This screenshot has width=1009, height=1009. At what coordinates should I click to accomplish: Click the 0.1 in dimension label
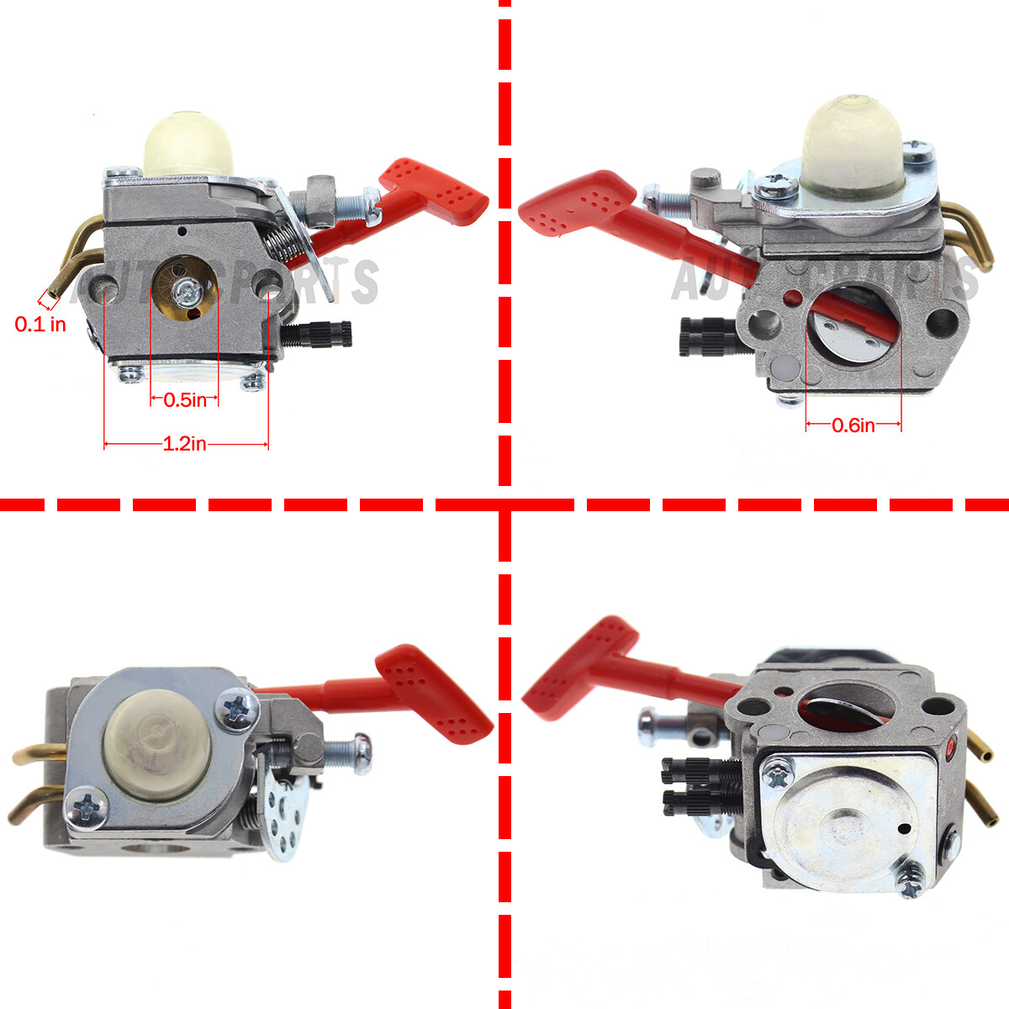[x=40, y=324]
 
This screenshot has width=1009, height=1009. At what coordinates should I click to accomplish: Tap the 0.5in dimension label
[x=185, y=400]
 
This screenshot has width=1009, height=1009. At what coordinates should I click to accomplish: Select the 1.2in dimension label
[x=185, y=444]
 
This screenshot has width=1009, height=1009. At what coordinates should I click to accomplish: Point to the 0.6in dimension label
[x=853, y=425]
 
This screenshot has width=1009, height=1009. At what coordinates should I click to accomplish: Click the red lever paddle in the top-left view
[x=435, y=191]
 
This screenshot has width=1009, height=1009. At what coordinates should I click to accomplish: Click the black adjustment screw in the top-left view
[x=324, y=335]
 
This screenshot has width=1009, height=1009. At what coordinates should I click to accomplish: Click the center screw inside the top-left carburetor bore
[x=186, y=291]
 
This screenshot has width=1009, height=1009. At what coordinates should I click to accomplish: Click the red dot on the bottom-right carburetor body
[x=951, y=744]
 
